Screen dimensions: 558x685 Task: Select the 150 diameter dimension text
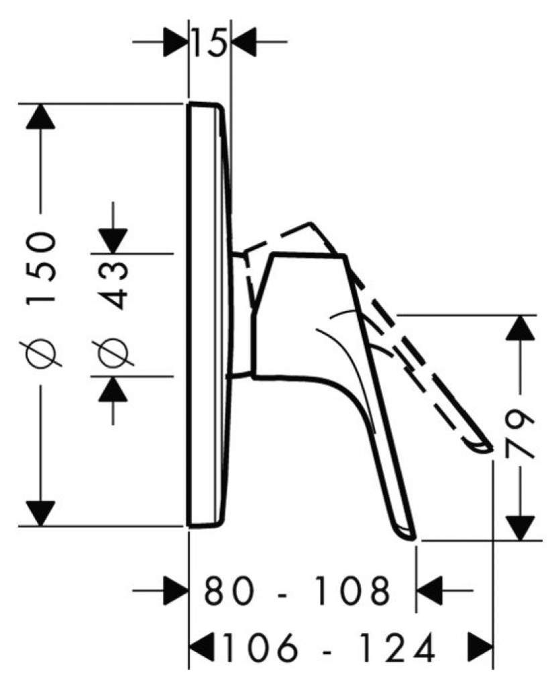pyautogui.click(x=42, y=267)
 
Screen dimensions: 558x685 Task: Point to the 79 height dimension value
pyautogui.click(x=519, y=432)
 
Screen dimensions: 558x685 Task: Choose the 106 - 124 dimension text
pyautogui.click(x=329, y=647)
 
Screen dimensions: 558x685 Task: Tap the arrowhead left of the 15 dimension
pyautogui.click(x=176, y=42)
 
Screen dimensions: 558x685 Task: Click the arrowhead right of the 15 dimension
pyautogui.click(x=243, y=42)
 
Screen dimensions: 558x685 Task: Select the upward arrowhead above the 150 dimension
pyautogui.click(x=40, y=117)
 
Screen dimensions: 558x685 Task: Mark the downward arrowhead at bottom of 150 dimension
pyautogui.click(x=40, y=514)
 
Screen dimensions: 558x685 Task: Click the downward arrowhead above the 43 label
pyautogui.click(x=113, y=241)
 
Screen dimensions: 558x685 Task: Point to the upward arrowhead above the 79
pyautogui.click(x=520, y=327)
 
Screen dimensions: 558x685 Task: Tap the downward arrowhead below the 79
pyautogui.click(x=520, y=528)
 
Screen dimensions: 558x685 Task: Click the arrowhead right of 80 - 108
pyautogui.click(x=430, y=590)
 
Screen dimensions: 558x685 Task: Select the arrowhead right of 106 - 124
pyautogui.click(x=481, y=647)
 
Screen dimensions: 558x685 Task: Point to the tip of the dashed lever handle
pyautogui.click(x=491, y=449)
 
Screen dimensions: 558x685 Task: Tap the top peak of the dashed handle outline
pyautogui.click(x=311, y=223)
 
